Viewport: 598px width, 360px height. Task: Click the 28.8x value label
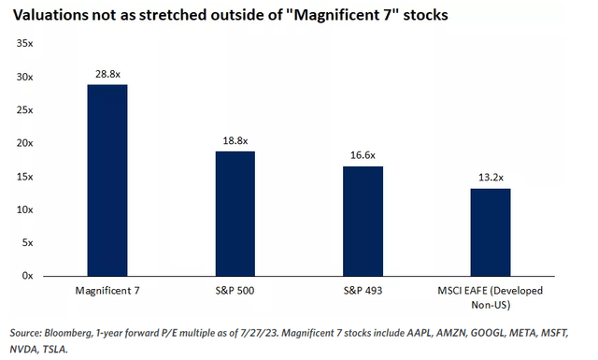(x=107, y=71)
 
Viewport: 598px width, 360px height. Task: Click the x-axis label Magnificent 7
(x=107, y=292)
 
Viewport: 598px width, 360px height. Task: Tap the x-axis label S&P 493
(x=363, y=292)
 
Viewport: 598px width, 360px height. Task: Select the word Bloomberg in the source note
(x=74, y=332)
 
